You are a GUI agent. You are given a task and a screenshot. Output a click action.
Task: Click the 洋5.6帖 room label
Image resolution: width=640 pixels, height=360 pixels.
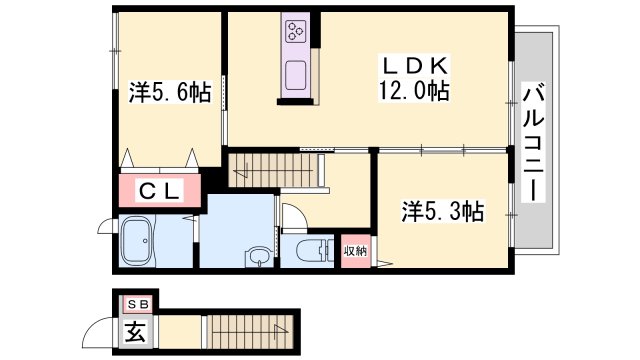(170, 93)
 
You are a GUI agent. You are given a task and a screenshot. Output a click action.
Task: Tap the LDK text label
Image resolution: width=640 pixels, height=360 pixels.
(415, 65)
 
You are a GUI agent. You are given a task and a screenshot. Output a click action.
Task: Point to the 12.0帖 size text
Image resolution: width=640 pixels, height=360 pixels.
(413, 90)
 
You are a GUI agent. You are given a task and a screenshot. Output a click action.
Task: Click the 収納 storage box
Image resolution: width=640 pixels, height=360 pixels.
(355, 251)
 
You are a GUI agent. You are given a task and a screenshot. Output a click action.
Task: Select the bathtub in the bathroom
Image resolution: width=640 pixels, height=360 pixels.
(143, 243)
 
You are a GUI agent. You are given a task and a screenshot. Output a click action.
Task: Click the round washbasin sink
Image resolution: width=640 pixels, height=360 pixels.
(259, 258)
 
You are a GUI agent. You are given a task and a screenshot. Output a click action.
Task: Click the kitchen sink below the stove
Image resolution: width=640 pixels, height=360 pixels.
(297, 76)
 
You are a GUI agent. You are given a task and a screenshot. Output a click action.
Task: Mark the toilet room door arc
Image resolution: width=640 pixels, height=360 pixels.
(292, 216)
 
